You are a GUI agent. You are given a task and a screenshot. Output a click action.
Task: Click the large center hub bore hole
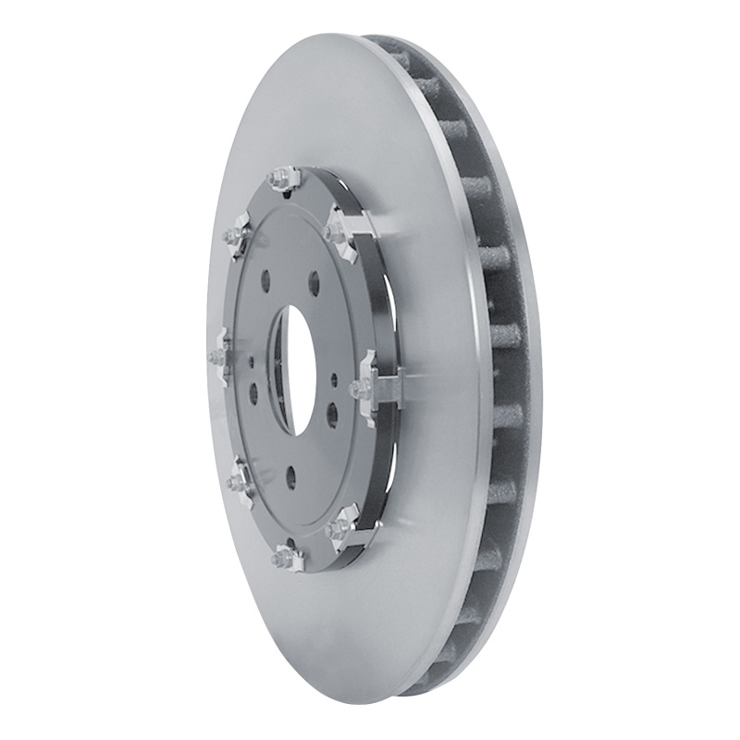pos(294,368)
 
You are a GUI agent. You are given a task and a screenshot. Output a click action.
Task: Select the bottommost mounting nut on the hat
pos(279,557)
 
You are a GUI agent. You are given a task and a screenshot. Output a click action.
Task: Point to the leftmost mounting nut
pos(219,356)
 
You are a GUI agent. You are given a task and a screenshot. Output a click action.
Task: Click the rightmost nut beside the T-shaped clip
pos(359,389)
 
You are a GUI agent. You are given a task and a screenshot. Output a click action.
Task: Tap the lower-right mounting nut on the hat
pos(338,528)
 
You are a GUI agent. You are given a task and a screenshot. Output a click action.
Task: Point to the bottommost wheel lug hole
pos(290,476)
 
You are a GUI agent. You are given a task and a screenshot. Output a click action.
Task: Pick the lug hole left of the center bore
pos(253,393)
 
